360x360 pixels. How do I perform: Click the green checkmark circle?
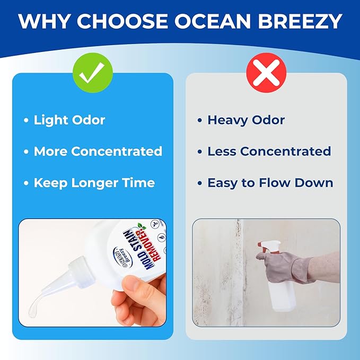pos(93,73)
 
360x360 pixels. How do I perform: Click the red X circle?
pos(266,73)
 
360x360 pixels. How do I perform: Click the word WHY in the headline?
pos(43,21)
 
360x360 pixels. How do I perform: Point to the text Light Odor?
pos(69,120)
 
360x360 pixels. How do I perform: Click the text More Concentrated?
pos(98,151)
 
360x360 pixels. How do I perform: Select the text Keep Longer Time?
pos(94,183)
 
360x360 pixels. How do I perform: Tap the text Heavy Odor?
pos(246,120)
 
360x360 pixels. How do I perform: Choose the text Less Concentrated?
pos(269,151)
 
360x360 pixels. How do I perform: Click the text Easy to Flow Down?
pos(270,183)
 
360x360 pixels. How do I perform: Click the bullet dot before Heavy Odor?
pos(200,120)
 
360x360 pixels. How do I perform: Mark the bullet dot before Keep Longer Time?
pos(26,183)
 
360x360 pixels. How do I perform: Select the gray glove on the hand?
pos(285,267)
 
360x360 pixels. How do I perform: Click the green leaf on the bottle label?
pos(142,226)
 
